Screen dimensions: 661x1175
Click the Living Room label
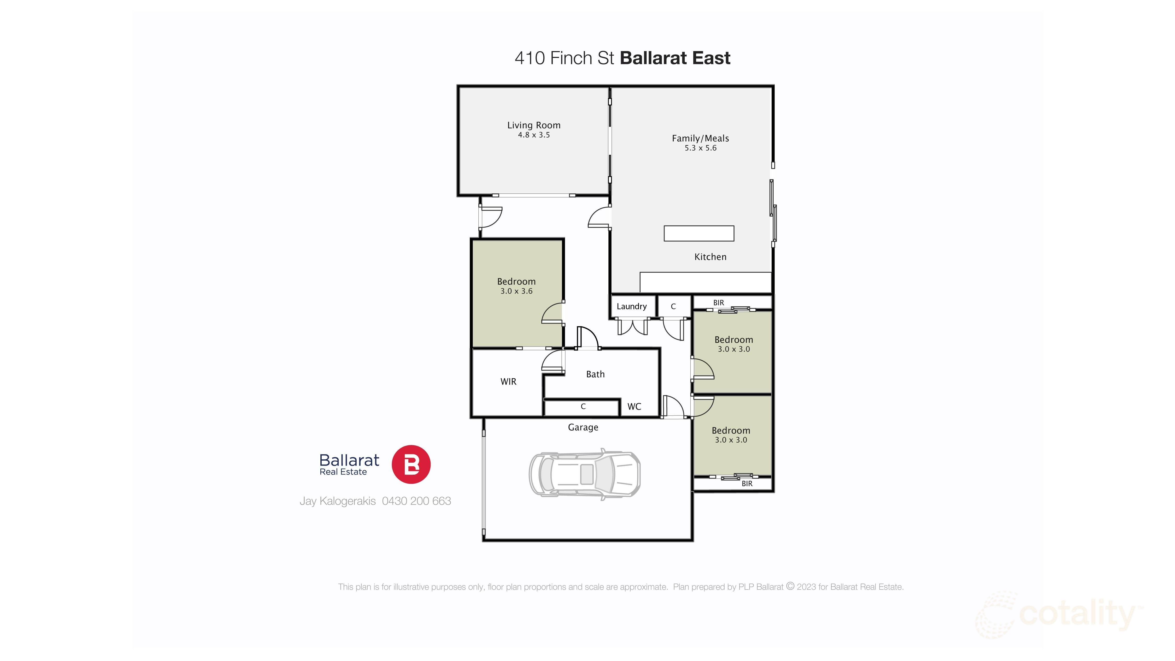tap(534, 125)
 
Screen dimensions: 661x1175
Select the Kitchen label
tap(710, 257)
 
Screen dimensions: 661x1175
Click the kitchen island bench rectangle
tap(699, 233)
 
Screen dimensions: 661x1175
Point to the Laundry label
tap(631, 306)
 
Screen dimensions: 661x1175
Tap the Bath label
tap(595, 374)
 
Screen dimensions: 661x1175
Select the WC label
tap(634, 407)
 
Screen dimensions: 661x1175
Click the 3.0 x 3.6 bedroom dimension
tap(516, 291)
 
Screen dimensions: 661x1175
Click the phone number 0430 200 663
tap(416, 501)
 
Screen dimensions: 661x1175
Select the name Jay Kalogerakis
tap(338, 501)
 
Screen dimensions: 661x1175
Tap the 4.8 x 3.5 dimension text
tap(534, 135)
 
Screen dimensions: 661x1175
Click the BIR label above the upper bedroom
tap(718, 303)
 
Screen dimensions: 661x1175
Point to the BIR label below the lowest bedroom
tap(747, 484)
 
